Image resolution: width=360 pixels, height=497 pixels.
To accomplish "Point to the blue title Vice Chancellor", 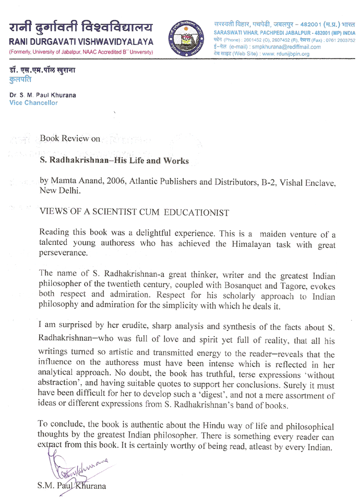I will (x=34, y=103).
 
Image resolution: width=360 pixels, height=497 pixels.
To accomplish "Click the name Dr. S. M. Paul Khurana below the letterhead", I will (x=41, y=95).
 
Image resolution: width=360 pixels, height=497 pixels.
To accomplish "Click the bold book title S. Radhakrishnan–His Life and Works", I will (x=115, y=161).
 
